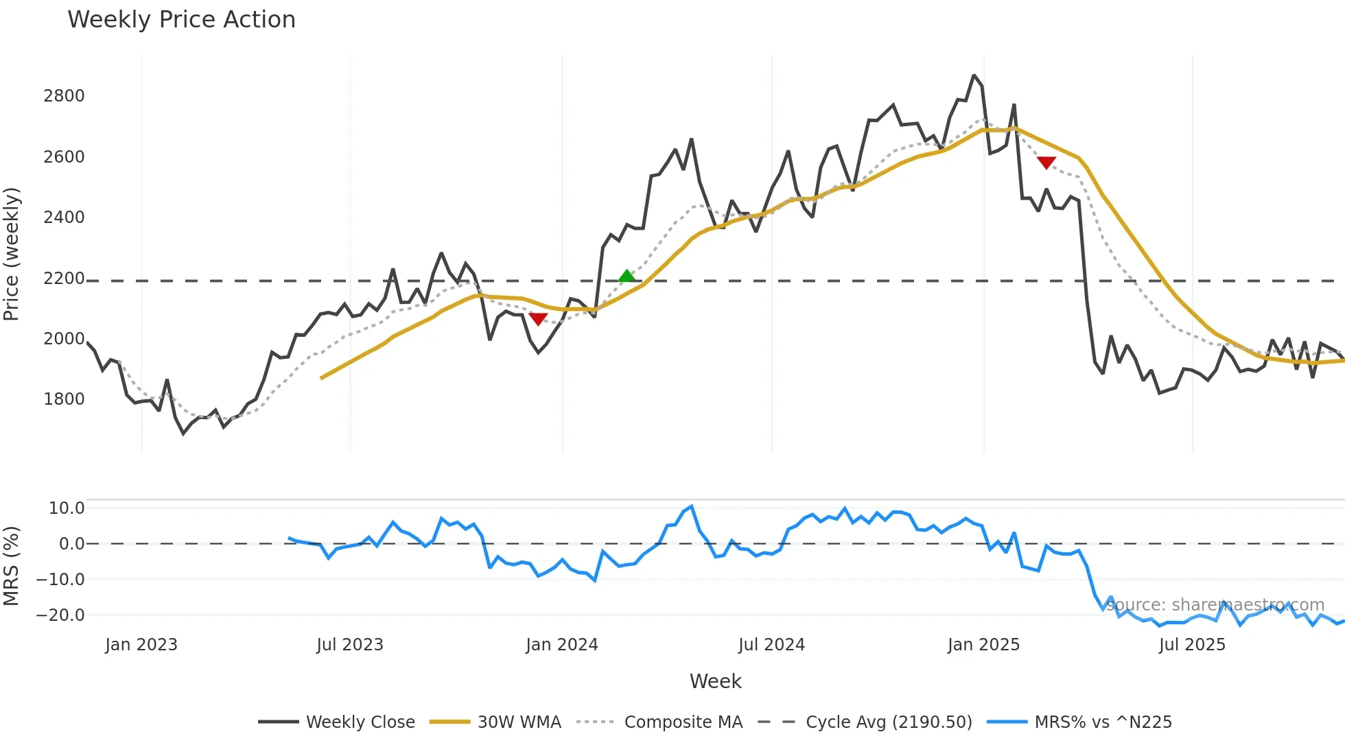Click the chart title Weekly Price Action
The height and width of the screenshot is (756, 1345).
pyautogui.click(x=181, y=20)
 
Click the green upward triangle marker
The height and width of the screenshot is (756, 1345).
pyautogui.click(x=627, y=276)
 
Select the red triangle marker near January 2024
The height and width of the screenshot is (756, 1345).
pyautogui.click(x=539, y=319)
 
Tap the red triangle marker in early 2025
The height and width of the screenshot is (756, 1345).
pyautogui.click(x=1046, y=163)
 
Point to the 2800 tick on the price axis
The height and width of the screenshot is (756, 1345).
pyautogui.click(x=64, y=96)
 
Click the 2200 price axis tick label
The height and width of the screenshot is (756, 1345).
pyautogui.click(x=64, y=279)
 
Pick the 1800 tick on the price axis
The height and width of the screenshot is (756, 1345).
pyautogui.click(x=64, y=399)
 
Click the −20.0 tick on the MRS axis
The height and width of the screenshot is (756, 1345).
pyautogui.click(x=60, y=615)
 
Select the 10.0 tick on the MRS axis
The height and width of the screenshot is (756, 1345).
pyautogui.click(x=67, y=508)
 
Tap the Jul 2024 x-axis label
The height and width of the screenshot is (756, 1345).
pyautogui.click(x=771, y=645)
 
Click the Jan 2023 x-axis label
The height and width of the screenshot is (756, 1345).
pyautogui.click(x=141, y=645)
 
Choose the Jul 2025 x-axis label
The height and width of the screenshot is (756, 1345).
pyautogui.click(x=1192, y=645)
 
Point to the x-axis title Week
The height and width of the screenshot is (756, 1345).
pyautogui.click(x=715, y=681)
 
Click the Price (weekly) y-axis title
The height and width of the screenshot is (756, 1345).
pyautogui.click(x=12, y=254)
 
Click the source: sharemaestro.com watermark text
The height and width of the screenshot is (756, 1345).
pyautogui.click(x=1215, y=605)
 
